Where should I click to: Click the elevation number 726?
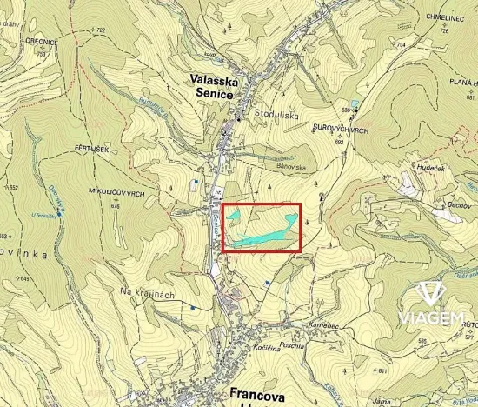point(444,30)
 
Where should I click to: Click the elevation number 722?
point(101,30)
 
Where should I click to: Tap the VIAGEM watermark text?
point(429,319)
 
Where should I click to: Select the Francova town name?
point(259,393)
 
